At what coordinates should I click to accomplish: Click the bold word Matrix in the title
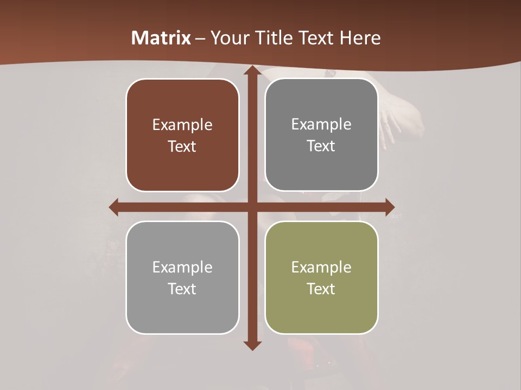[161, 38]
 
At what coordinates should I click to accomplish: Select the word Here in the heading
[360, 38]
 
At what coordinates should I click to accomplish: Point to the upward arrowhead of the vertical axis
[252, 71]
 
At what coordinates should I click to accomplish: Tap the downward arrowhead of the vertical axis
[252, 345]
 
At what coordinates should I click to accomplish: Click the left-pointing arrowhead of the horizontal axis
[114, 207]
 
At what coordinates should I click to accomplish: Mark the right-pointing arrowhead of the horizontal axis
[389, 207]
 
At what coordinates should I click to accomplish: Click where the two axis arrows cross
[252, 207]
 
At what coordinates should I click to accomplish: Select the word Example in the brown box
[182, 125]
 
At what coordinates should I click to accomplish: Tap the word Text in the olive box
[321, 289]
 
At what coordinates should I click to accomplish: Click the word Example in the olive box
[321, 267]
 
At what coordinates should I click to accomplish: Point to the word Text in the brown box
[182, 146]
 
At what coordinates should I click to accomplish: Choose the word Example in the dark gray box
[321, 125]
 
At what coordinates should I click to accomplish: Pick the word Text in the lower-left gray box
[182, 289]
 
